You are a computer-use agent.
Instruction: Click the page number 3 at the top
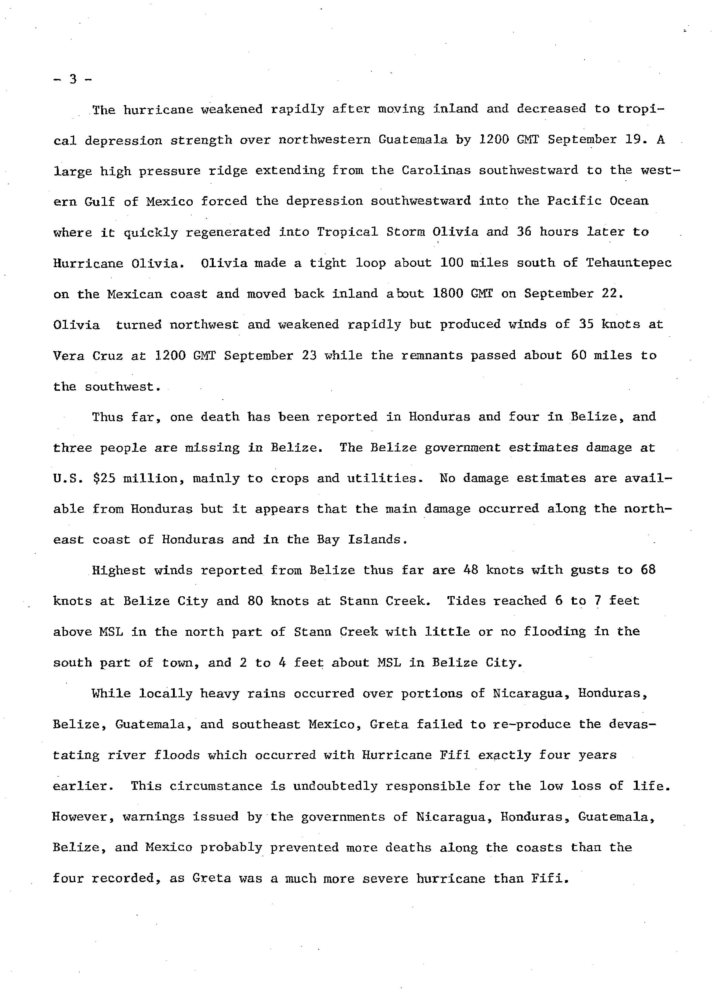tap(73, 80)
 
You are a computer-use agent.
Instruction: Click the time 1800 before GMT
tap(447, 294)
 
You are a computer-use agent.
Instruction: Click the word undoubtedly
tap(335, 786)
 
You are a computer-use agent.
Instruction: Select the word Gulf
tap(100, 201)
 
